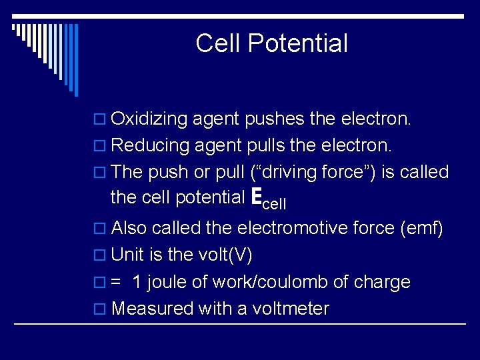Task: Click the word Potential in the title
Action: click(298, 43)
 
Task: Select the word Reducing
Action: click(148, 145)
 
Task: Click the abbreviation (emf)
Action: click(421, 228)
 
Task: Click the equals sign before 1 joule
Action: click(116, 282)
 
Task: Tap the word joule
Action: click(167, 282)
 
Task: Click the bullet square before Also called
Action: click(102, 229)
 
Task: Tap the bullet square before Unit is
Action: click(102, 255)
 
